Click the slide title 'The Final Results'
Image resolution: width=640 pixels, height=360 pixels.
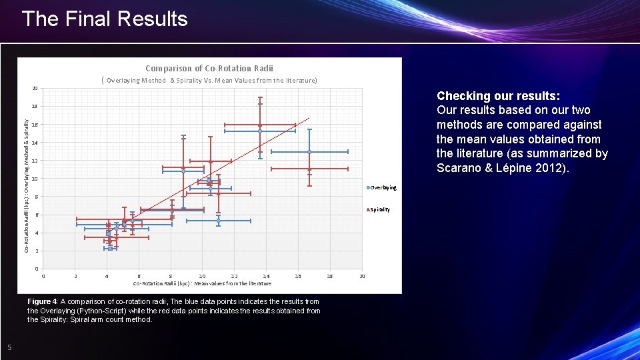click(105, 19)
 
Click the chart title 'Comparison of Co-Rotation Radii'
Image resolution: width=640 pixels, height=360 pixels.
click(209, 68)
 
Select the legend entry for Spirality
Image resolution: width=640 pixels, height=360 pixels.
click(379, 210)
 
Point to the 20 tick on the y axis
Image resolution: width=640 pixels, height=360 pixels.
click(34, 89)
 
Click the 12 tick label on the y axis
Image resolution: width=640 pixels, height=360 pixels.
click(34, 161)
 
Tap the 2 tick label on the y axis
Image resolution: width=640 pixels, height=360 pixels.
click(35, 251)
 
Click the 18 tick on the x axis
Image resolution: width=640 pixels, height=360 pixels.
click(330, 276)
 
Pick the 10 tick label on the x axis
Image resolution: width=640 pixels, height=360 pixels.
click(202, 276)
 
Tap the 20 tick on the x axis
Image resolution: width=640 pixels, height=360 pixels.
click(362, 276)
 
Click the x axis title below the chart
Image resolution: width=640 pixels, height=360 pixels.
click(202, 283)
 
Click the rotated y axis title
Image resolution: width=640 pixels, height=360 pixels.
click(26, 186)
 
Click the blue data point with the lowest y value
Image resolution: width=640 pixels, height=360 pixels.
click(111, 248)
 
